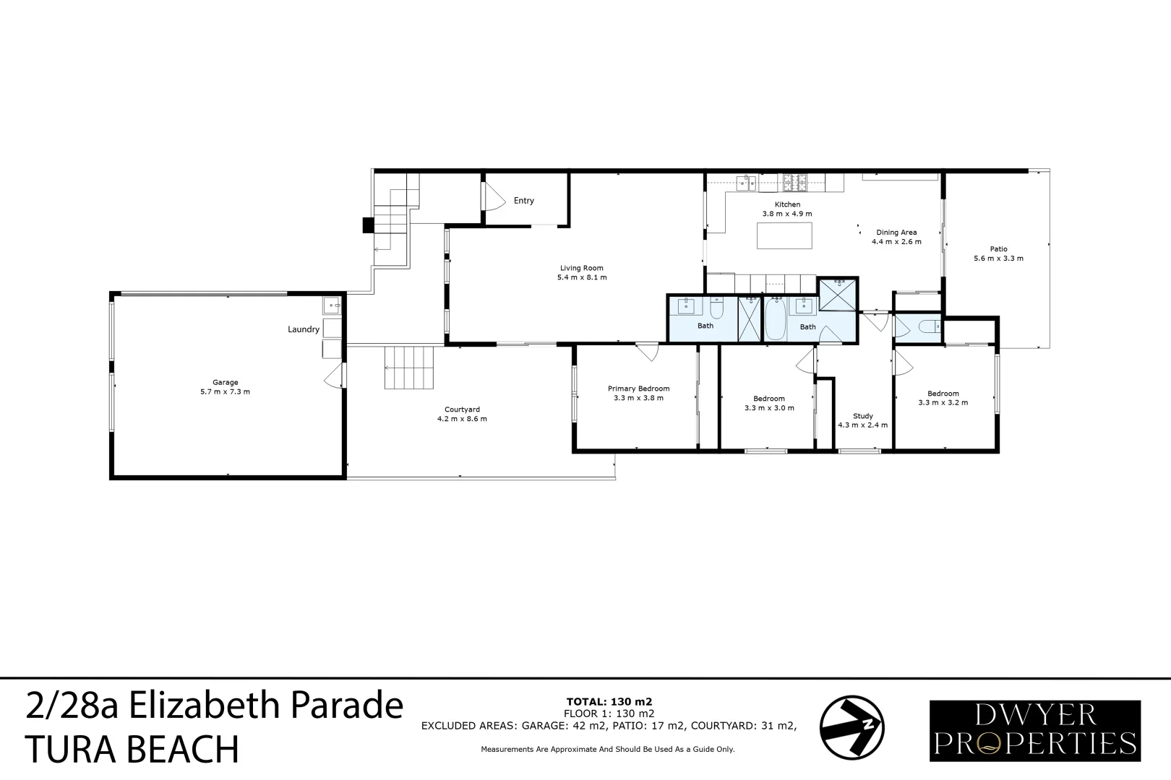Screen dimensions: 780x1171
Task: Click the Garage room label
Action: tap(225, 383)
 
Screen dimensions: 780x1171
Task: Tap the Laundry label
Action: tap(303, 329)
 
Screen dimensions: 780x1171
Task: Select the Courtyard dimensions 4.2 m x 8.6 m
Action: tap(462, 419)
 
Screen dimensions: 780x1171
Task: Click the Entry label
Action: tap(523, 201)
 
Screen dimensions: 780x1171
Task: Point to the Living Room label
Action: tap(581, 268)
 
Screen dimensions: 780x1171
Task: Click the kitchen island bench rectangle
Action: tap(784, 235)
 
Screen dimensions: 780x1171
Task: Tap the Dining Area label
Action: tap(896, 233)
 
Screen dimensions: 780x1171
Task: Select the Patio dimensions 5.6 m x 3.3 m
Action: tap(998, 259)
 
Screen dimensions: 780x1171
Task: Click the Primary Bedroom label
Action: tap(638, 389)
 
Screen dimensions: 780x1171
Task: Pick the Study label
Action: tap(862, 416)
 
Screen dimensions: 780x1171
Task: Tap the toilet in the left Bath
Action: tap(717, 310)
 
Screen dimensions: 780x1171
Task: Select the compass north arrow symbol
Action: tap(852, 727)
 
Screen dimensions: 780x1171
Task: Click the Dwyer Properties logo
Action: tap(1034, 730)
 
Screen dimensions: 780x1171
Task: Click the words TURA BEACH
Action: tap(132, 749)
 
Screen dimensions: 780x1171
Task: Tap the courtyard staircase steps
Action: tap(410, 368)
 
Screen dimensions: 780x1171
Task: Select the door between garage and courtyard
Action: tap(335, 376)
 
